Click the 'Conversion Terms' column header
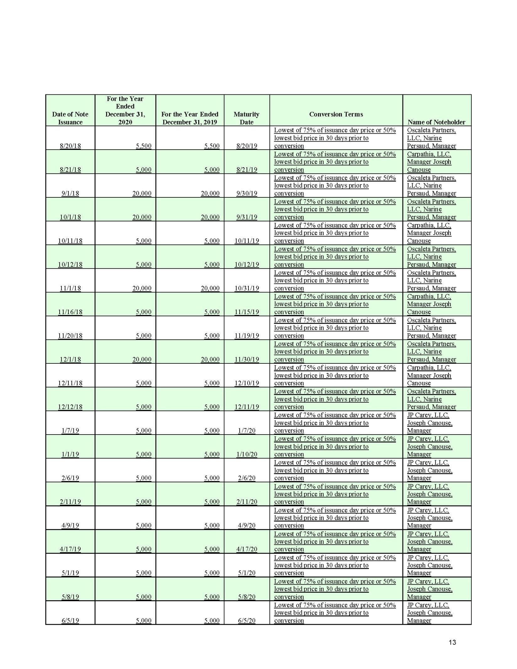336,114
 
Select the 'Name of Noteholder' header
436,122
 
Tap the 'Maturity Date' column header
246,118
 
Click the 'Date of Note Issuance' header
70,118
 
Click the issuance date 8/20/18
70,146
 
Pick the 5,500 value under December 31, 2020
143,146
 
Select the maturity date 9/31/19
247,217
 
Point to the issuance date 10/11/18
70,241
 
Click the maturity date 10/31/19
247,288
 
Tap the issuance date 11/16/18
70,312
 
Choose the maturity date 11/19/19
247,336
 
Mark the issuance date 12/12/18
70,407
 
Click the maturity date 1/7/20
247,431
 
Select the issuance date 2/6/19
70,478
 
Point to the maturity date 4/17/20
247,549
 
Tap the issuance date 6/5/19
70,620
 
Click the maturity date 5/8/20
247,597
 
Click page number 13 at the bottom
452,642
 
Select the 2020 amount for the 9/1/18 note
141,193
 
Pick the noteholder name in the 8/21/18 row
429,162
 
